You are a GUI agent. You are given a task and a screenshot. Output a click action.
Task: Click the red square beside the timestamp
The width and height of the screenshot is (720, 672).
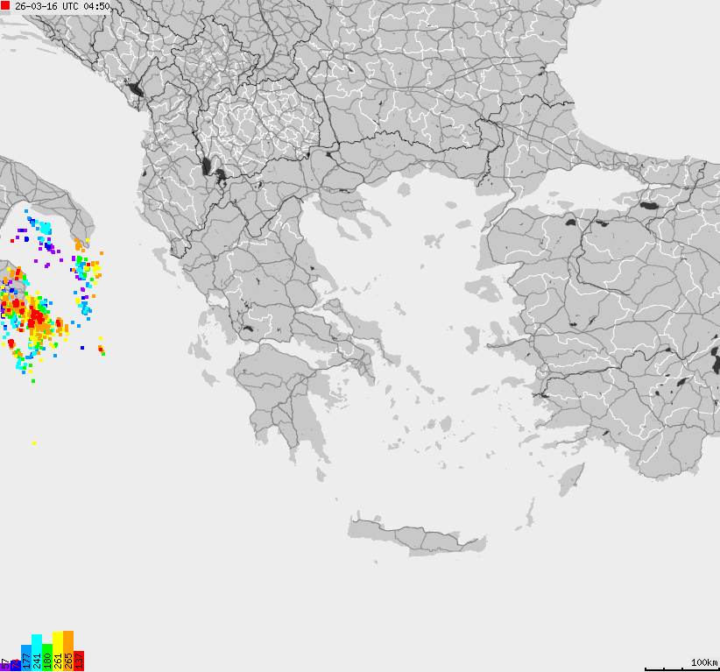point(6,6)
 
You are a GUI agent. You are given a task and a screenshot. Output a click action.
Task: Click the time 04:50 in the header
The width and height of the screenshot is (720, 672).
point(96,6)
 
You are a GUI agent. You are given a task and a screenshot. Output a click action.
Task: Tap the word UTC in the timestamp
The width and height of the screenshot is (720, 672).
point(69,6)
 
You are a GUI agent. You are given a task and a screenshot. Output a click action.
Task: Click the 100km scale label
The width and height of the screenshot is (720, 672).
point(703,662)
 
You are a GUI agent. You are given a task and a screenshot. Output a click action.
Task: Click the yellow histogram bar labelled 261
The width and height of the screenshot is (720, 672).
point(58,651)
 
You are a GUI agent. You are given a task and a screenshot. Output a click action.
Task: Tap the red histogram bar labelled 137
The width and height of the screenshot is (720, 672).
point(79,661)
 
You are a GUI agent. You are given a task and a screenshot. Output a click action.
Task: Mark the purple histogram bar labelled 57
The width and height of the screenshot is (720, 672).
point(5,665)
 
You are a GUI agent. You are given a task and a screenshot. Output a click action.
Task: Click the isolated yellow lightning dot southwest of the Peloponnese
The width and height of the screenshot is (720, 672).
point(34,443)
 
